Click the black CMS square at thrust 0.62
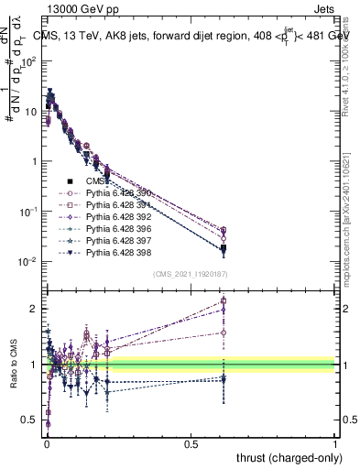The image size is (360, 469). coord(224,248)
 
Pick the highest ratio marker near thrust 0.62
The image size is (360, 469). coord(224,300)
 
